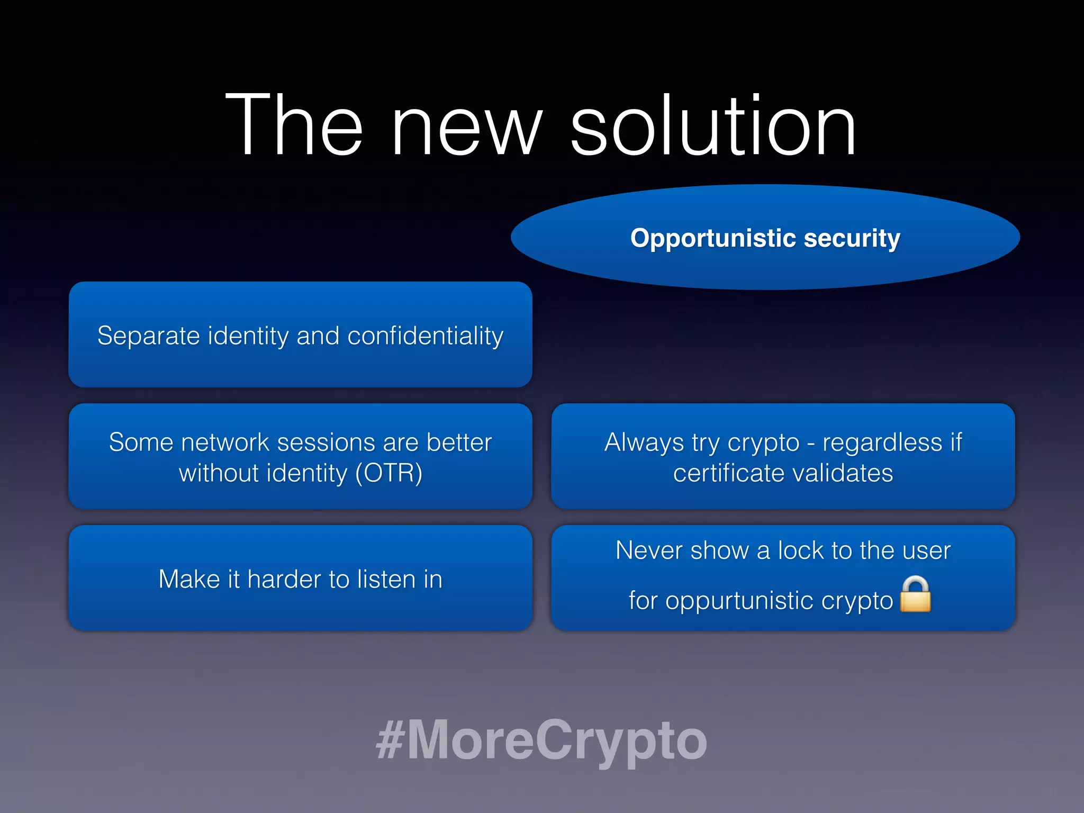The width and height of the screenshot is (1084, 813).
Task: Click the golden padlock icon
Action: [x=915, y=594]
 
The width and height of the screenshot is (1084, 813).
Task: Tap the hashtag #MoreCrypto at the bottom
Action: [x=541, y=740]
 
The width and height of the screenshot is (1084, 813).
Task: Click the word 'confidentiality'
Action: [x=425, y=336]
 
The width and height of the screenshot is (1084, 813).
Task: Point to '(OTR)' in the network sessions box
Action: [x=389, y=473]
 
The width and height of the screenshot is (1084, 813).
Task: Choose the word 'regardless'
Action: [x=882, y=443]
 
